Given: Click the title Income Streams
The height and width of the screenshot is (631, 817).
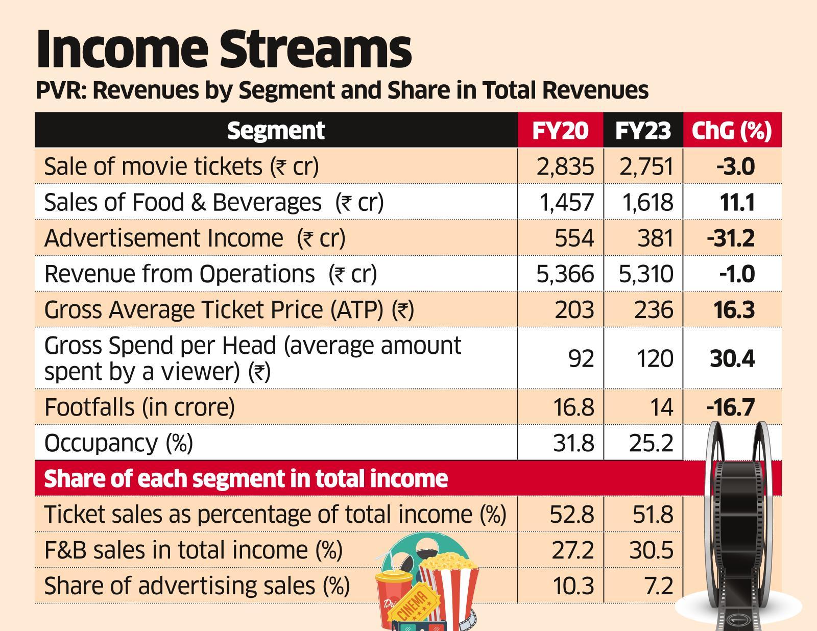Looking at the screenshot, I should coord(223,50).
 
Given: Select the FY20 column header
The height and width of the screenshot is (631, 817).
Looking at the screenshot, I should coord(560,131).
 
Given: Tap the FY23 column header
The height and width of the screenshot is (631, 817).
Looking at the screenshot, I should coord(643,131).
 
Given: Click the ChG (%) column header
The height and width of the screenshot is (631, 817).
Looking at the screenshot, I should coord(731,131).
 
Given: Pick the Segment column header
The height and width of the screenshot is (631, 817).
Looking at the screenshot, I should coord(276,131).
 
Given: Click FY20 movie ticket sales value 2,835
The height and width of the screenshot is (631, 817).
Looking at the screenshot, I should coord(565,167).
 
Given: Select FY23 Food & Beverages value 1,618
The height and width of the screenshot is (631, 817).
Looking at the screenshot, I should coord(647,203).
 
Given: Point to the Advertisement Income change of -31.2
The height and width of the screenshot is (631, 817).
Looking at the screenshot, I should coord(731,238).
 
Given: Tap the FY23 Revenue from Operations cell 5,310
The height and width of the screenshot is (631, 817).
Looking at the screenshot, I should coord(646,274).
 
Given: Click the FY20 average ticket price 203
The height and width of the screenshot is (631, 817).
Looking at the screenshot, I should coord(574,310).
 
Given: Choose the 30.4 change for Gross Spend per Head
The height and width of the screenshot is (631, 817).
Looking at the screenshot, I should coord(732,358).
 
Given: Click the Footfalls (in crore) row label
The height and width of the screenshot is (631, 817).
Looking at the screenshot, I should coord(139,407).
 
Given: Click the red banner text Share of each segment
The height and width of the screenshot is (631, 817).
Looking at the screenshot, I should coord(246,479).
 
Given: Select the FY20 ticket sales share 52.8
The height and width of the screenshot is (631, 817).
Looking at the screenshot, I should coord(572,515).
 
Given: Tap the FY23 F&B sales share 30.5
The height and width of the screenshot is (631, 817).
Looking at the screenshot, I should coord(651,550).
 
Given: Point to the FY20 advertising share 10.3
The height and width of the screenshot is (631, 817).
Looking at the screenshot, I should coord(573,586).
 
